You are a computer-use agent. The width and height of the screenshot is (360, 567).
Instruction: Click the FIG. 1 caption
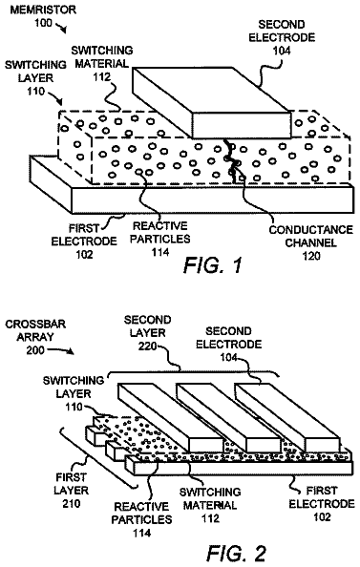pos(212,265)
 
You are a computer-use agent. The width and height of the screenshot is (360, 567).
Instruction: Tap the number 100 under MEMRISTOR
pos(43,23)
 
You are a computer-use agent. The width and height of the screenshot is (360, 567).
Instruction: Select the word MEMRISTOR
pos(43,10)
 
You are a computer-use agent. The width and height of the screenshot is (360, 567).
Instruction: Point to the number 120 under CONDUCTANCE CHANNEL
pos(311,256)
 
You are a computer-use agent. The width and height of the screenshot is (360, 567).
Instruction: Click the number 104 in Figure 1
pos(281,51)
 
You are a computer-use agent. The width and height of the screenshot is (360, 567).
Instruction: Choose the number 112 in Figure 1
pos(102,76)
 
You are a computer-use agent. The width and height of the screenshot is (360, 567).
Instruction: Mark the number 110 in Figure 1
pos(36,91)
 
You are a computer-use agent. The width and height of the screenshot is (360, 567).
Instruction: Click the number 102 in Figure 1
pos(84,254)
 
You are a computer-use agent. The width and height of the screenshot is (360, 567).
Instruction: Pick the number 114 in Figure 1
pos(159,252)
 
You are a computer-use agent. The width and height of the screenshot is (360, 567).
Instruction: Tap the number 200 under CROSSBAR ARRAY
pos(35,350)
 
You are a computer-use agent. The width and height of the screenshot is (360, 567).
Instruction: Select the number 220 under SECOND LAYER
pos(147,346)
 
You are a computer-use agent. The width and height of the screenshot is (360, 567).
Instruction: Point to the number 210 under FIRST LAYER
pos(72,503)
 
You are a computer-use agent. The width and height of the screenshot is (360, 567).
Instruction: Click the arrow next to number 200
pos(61,350)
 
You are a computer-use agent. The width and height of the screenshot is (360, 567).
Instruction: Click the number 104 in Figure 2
pos(229,357)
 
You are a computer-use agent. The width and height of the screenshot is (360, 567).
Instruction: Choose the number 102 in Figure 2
pos(322,516)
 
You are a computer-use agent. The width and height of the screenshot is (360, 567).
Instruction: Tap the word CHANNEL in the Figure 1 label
pos(311,242)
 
